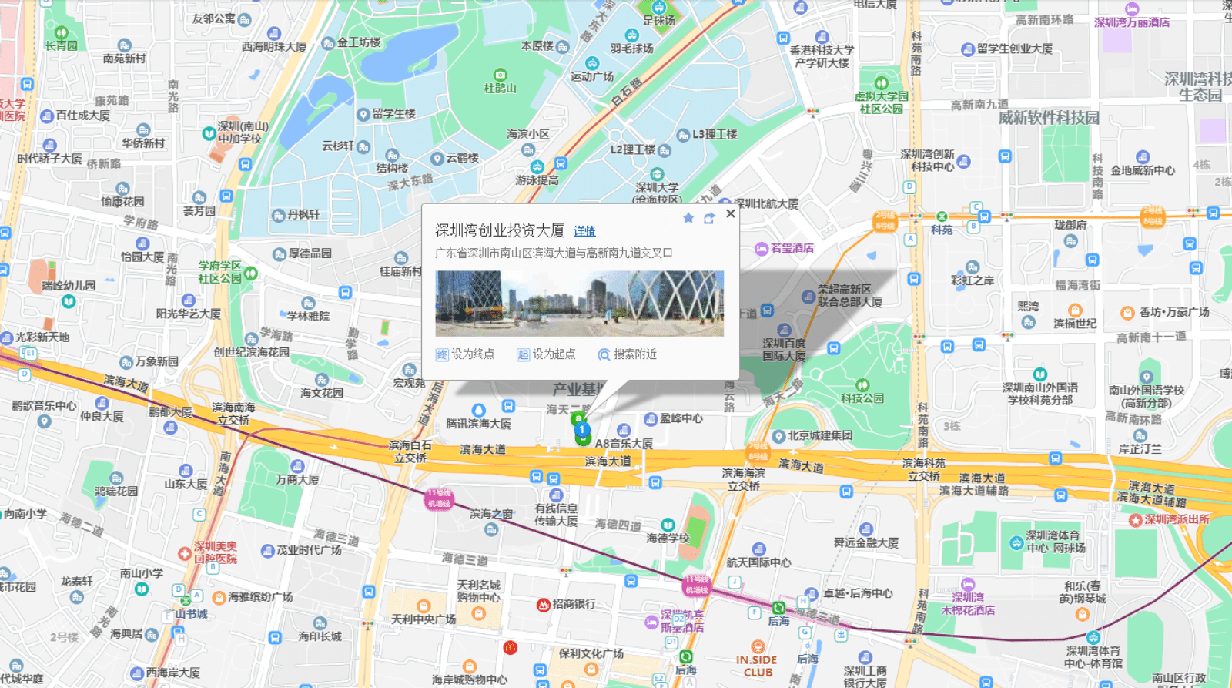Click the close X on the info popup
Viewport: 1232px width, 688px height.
[730, 213]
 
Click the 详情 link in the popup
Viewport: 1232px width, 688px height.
[584, 231]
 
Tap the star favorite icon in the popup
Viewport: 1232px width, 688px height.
[688, 218]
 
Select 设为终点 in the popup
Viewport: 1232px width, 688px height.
[465, 354]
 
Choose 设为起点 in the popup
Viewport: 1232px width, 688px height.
[546, 354]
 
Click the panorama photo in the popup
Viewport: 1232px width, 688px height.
[579, 304]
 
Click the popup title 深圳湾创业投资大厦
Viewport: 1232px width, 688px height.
[499, 230]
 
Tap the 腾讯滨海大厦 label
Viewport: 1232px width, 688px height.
[478, 424]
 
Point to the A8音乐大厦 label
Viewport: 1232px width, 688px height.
[624, 444]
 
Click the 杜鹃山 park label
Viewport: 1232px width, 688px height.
[500, 88]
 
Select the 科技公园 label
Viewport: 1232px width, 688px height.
[862, 398]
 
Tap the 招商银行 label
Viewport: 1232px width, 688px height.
[574, 604]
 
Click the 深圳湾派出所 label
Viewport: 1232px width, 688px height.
[1177, 519]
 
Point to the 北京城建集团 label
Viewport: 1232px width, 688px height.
[819, 436]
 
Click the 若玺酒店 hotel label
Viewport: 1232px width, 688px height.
[792, 248]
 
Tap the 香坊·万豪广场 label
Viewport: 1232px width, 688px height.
[1174, 312]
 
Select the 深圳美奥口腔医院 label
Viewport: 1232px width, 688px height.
[215, 552]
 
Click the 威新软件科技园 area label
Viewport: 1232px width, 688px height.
[1049, 118]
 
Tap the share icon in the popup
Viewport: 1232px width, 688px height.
[709, 218]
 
